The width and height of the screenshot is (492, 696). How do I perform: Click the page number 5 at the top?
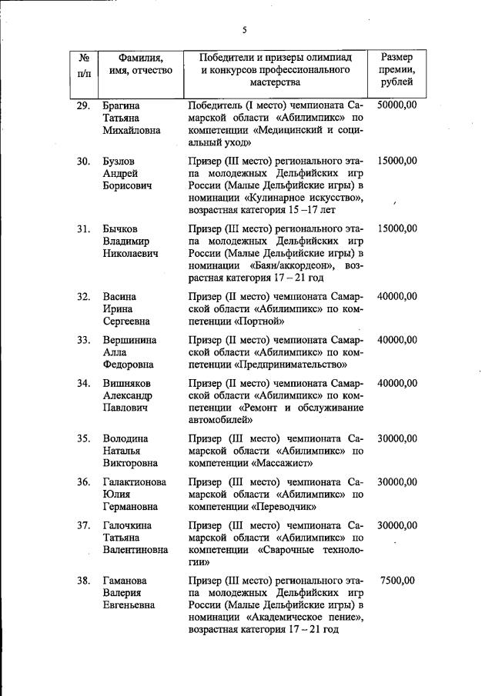(x=244, y=30)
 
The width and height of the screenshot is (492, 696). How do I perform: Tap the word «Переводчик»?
(x=284, y=507)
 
